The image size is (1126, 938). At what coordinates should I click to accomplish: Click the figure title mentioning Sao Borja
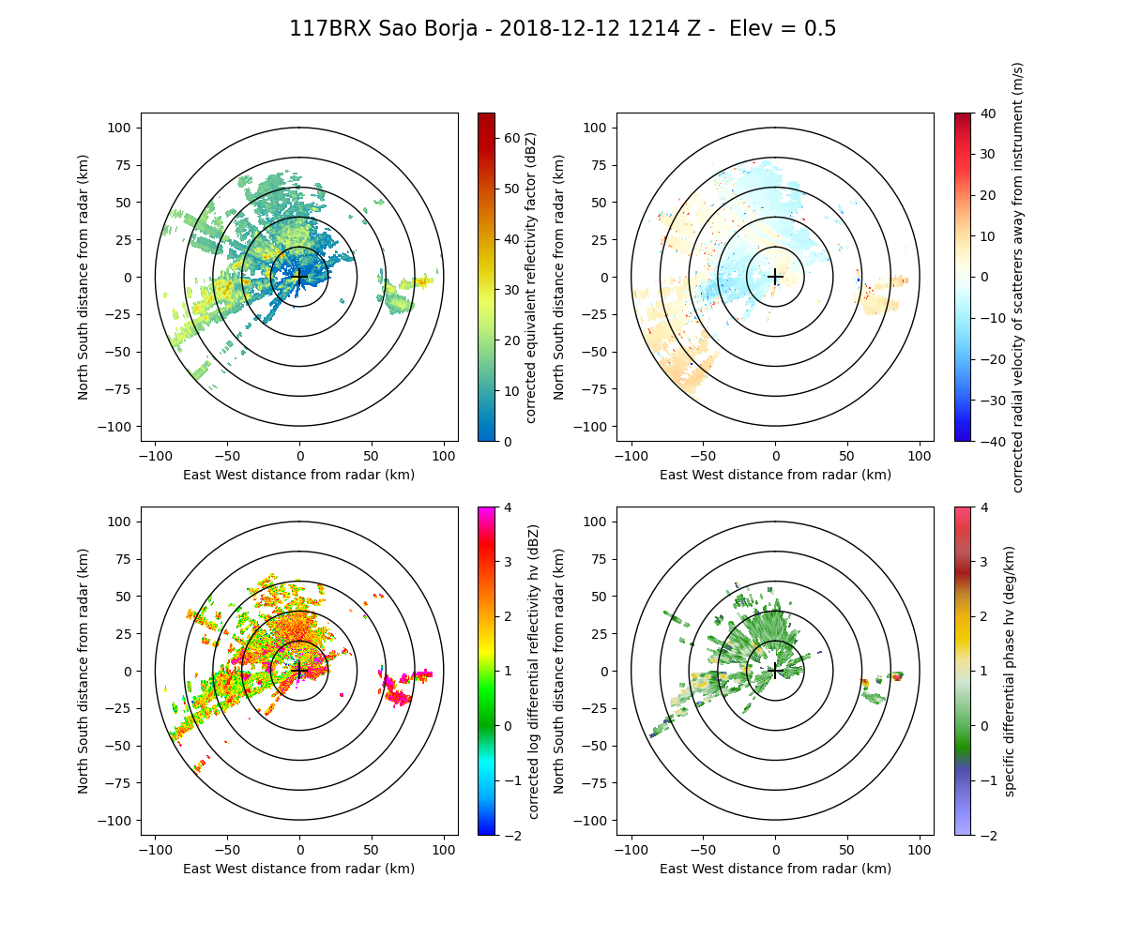[562, 29]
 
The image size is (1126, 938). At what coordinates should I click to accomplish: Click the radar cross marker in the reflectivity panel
[299, 277]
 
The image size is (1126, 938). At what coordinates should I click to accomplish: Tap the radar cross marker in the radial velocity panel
[775, 277]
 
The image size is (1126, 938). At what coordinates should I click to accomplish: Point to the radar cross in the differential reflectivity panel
[299, 671]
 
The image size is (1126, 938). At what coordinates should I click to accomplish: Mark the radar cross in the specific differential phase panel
[775, 671]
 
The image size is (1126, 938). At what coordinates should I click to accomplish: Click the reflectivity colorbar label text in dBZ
[531, 277]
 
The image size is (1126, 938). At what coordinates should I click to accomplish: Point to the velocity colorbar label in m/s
[1018, 277]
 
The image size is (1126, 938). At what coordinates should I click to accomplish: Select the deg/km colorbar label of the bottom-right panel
[1010, 671]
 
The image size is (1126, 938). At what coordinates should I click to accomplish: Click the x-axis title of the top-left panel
[299, 475]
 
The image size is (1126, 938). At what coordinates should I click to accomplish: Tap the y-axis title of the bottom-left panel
[84, 671]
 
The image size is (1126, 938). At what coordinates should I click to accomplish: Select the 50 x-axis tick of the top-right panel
[847, 456]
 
